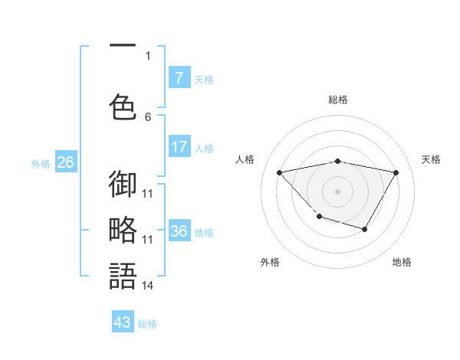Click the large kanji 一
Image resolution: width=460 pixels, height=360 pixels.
click(x=123, y=48)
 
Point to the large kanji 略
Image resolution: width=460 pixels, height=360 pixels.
click(x=123, y=230)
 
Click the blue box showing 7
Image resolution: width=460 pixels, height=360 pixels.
click(x=179, y=78)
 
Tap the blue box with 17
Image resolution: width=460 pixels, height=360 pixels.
click(x=179, y=147)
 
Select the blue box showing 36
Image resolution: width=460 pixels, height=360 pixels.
click(x=179, y=231)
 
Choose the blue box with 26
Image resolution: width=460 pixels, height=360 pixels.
click(x=65, y=162)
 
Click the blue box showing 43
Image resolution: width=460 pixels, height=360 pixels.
click(x=123, y=322)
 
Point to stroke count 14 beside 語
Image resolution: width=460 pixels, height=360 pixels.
click(x=148, y=286)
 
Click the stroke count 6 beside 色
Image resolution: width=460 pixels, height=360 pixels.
click(x=148, y=116)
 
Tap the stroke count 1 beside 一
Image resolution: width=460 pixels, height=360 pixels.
click(x=148, y=55)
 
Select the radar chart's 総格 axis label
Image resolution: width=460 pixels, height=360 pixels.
click(x=338, y=100)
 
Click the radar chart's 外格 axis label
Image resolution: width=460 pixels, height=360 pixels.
click(x=270, y=262)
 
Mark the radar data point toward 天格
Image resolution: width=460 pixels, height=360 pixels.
click(x=396, y=172)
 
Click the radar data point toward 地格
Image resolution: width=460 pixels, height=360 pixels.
click(x=365, y=229)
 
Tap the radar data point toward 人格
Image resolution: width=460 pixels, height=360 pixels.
click(x=280, y=172)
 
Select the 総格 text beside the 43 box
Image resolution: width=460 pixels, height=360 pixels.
click(x=147, y=324)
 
